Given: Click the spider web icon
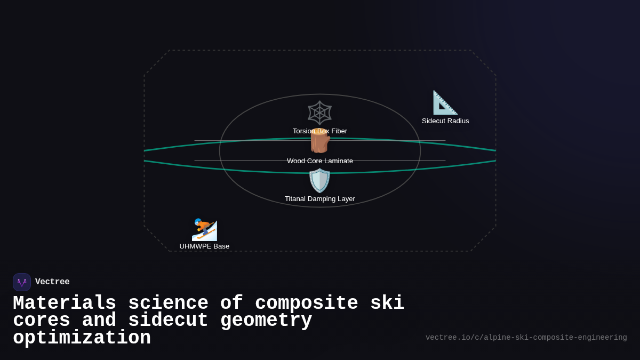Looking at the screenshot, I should coord(320,113).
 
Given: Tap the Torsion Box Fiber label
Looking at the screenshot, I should coord(320,131).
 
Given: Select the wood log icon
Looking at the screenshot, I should coord(320,142).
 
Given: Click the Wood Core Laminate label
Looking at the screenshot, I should coord(320,161).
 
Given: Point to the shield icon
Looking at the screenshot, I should coord(320,180).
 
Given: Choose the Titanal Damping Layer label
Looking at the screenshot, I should coord(320,199).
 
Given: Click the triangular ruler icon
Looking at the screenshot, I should coord(445,103).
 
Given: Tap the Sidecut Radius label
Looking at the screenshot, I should coord(445,121).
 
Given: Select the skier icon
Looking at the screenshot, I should coord(204,229).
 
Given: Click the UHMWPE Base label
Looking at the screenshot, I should coord(204,246).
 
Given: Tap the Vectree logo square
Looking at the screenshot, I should coord(22,282).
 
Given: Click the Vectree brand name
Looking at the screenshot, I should coord(52,282).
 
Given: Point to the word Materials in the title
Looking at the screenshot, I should coord(65,303).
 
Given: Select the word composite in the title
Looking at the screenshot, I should coord(306,303).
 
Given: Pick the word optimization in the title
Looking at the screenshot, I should coord(82,338).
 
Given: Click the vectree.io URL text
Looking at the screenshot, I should coord(526,338).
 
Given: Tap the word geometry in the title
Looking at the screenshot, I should coord(266,321).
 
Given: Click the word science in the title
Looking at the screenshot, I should coord(168,303).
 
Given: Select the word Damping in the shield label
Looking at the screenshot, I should coord(322,199).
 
